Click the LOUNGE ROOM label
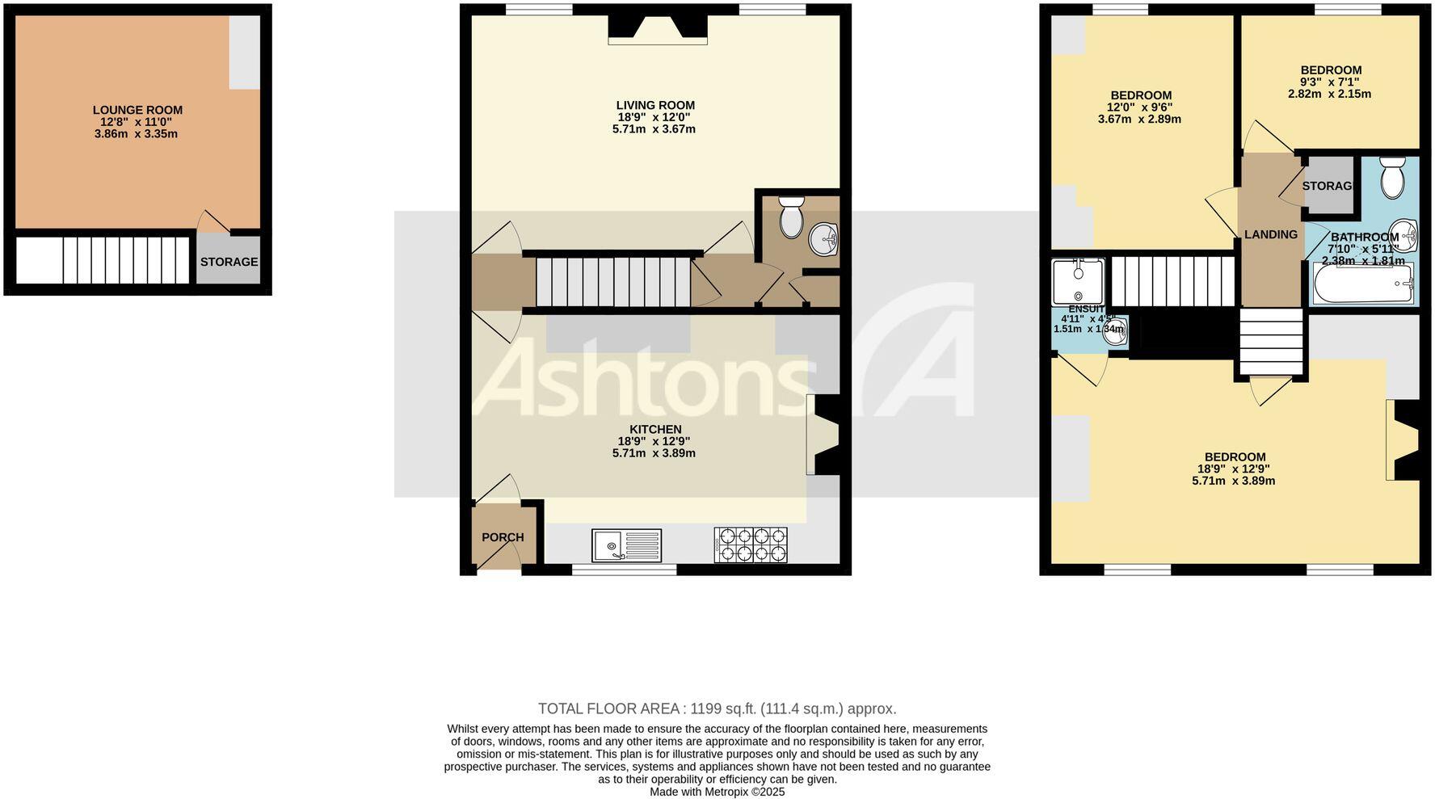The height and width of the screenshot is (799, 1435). click(137, 110)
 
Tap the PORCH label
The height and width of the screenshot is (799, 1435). click(503, 537)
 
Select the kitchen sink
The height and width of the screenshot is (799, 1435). click(626, 545)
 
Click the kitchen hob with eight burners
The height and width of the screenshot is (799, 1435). click(751, 545)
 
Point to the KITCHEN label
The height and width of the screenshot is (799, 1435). click(655, 429)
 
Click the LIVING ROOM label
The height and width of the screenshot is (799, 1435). click(655, 105)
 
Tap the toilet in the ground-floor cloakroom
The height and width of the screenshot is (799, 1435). click(790, 214)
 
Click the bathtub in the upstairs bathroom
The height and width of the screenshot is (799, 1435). click(1363, 284)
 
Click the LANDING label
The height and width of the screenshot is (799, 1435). click(1271, 234)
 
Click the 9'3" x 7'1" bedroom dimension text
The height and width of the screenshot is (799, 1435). click(1329, 82)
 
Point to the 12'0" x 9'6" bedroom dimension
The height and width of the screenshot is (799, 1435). click(1139, 107)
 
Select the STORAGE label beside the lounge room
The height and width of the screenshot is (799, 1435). click(229, 262)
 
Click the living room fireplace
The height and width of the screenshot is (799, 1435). click(658, 31)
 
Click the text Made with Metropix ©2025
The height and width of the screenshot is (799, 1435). click(717, 792)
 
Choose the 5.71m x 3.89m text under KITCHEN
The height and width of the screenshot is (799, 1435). click(654, 453)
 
